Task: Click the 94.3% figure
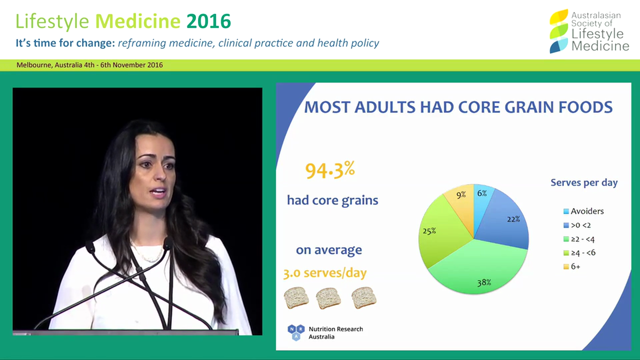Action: point(330,170)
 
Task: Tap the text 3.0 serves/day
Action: point(325,273)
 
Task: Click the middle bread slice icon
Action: point(328,298)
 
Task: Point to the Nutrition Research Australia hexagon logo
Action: point(295,332)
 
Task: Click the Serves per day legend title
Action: point(584,182)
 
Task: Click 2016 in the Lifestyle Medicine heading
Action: point(208,21)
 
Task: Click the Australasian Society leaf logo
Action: point(558,31)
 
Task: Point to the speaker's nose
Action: point(161,177)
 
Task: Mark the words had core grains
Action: point(332,200)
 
